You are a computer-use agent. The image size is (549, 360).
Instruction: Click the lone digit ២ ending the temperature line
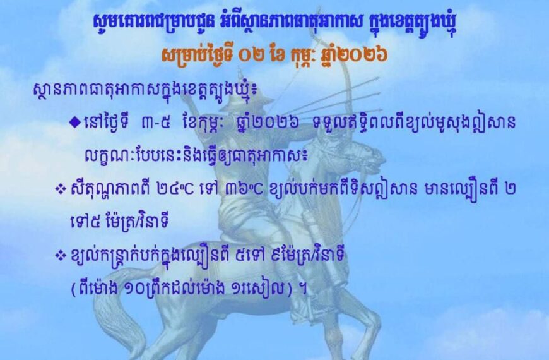pyautogui.click(x=509, y=190)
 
